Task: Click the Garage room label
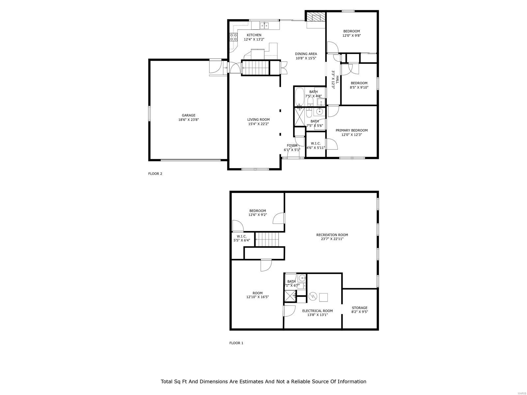coord(188,116)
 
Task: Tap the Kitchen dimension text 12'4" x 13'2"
coord(254,39)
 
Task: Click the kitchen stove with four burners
coord(234,37)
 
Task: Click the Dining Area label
coord(306,54)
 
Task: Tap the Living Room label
coord(259,120)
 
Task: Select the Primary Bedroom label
coord(351,130)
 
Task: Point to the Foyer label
coord(292,145)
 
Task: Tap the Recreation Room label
coord(332,235)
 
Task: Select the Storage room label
coord(359,308)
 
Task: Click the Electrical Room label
coord(317,311)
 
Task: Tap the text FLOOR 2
coord(155,174)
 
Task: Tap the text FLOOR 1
coord(236,343)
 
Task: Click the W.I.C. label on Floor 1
coord(241,236)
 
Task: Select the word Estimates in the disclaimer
coord(251,382)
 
